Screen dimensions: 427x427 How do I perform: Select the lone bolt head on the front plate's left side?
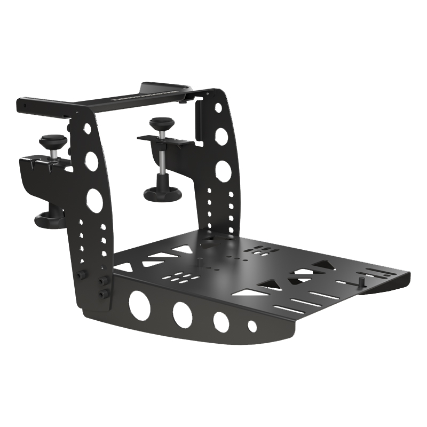click(x=82, y=275)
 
